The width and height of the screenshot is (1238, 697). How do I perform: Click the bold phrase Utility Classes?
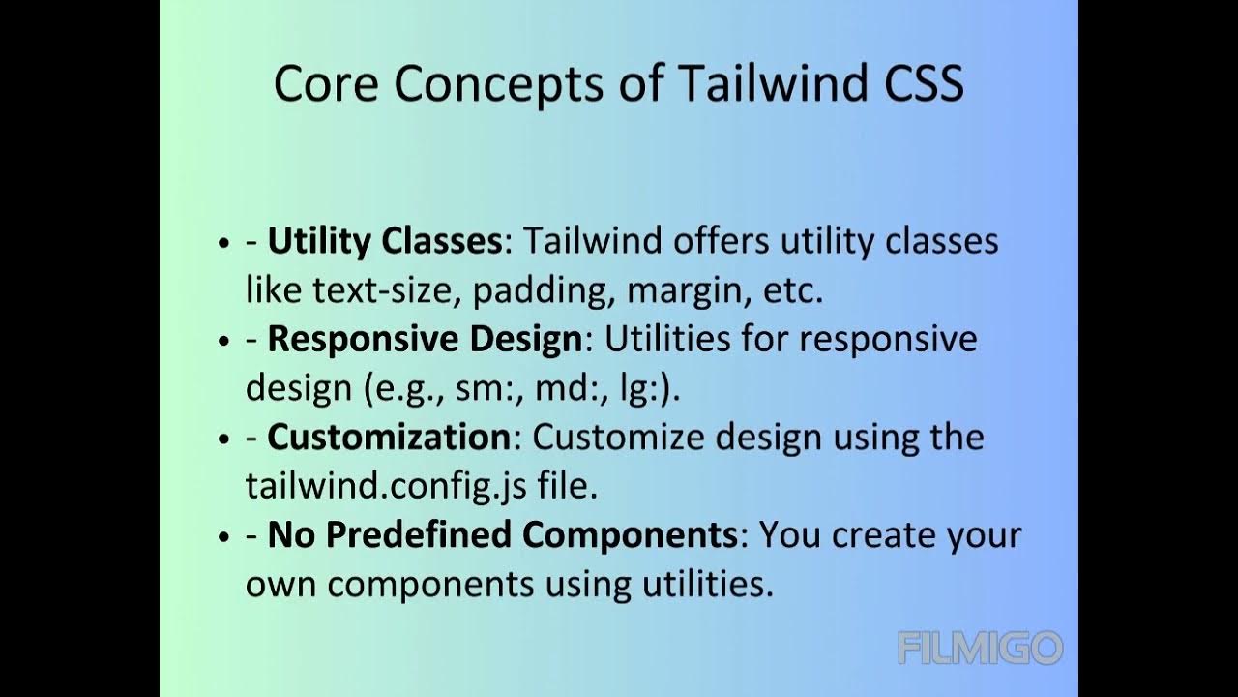pos(384,241)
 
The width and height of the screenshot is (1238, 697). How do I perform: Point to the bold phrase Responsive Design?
pos(425,340)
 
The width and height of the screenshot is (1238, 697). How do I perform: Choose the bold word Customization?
pos(388,438)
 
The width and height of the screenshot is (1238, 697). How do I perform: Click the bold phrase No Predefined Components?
pos(502,535)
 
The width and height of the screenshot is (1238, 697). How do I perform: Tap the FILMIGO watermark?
pos(980,648)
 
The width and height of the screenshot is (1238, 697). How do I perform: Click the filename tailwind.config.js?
pos(386,486)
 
